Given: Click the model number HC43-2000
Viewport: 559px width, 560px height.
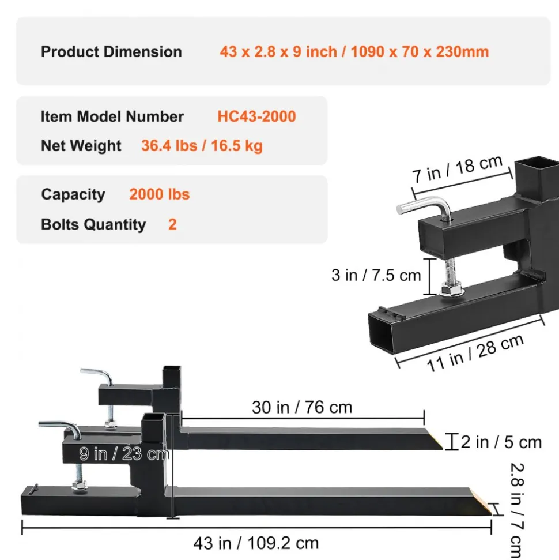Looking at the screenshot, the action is point(256,116).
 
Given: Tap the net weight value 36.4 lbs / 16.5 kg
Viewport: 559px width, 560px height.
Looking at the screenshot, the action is point(202,146).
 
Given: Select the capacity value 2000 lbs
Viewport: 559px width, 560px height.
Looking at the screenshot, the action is point(159,194).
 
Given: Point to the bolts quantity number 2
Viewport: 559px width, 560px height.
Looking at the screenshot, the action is point(172,225).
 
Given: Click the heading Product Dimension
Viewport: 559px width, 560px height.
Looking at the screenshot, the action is point(111,52).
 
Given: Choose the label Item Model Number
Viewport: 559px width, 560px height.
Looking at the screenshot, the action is point(112,116).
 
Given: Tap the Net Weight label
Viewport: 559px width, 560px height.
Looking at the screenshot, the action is point(81,146).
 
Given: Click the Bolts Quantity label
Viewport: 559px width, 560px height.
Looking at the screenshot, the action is point(93,225).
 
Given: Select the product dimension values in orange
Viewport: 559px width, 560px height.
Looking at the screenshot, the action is point(354,52).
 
